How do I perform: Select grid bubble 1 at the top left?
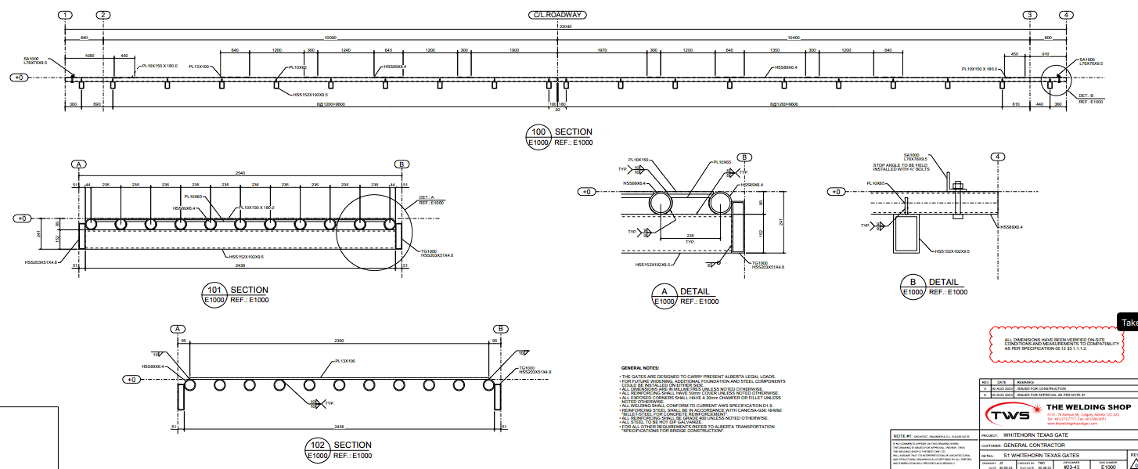(66, 15)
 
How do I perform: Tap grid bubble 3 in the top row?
(1030, 15)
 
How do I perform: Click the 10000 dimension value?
(330, 38)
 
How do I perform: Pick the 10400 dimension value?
(794, 38)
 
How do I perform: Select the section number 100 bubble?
(538, 132)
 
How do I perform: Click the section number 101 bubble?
(214, 290)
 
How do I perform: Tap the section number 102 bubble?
(317, 445)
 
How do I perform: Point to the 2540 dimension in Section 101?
(240, 173)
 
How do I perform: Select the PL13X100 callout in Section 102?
(345, 361)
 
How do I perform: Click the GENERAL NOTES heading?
(640, 367)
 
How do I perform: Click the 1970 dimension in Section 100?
(602, 50)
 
